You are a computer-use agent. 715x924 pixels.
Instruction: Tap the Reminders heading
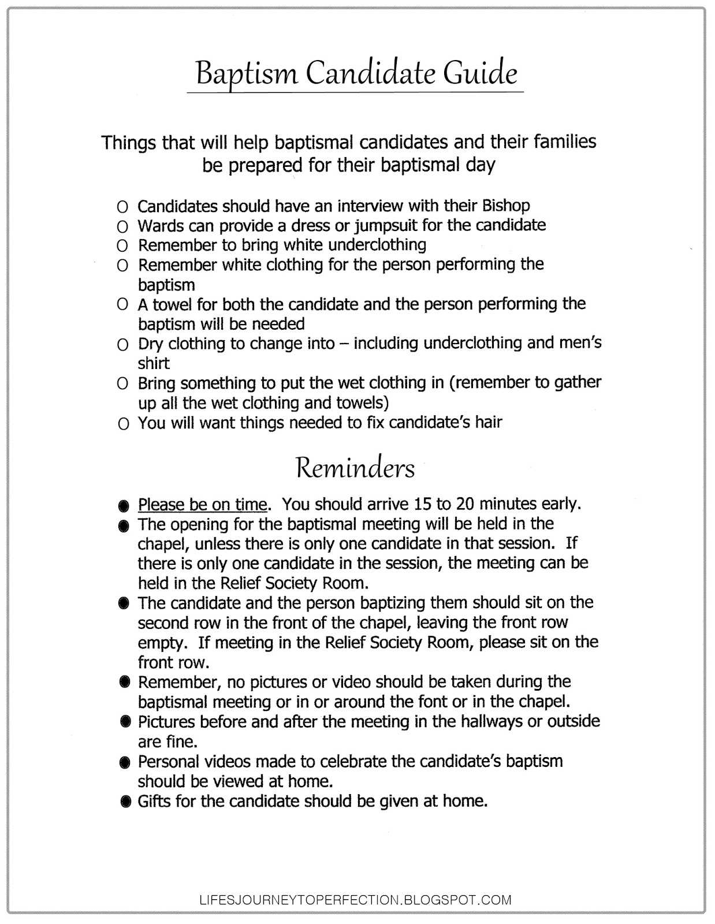pyautogui.click(x=355, y=468)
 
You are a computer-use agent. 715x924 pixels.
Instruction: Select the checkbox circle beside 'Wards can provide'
pyautogui.click(x=122, y=226)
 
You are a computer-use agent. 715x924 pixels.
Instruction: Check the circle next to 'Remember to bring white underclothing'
pyautogui.click(x=122, y=246)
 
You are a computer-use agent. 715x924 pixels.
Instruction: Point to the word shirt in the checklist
pyautogui.click(x=154, y=363)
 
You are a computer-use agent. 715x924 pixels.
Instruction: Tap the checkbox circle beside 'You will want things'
pyautogui.click(x=122, y=424)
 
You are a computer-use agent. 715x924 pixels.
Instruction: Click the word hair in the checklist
pyautogui.click(x=488, y=422)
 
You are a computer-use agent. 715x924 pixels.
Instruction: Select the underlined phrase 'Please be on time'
pyautogui.click(x=202, y=505)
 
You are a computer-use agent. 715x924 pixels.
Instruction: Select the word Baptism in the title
pyautogui.click(x=247, y=74)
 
